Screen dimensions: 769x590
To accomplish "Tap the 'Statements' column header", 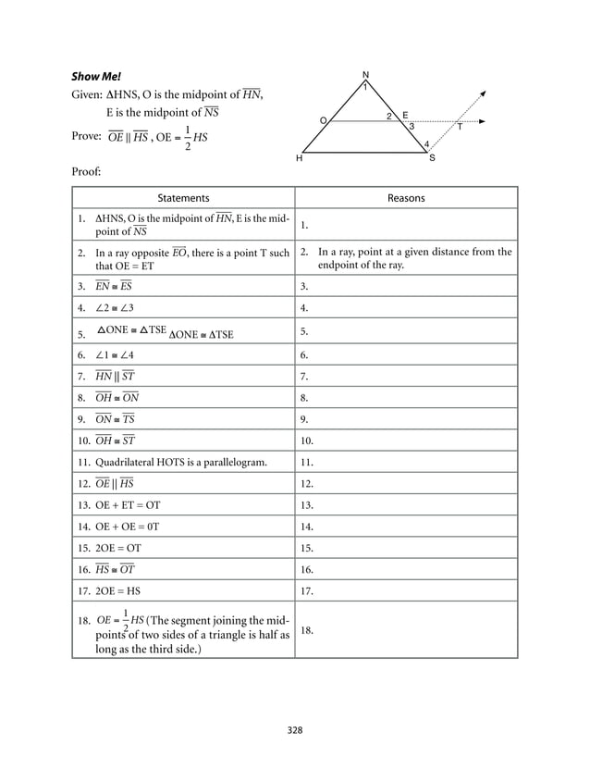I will pyautogui.click(x=182, y=198).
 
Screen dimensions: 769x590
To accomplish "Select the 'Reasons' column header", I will pyautogui.click(x=406, y=198).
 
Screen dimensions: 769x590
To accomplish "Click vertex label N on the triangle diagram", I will pyautogui.click(x=365, y=75).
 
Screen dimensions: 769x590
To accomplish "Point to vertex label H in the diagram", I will pyautogui.click(x=299, y=159).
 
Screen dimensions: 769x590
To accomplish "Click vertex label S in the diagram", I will pyautogui.click(x=432, y=159).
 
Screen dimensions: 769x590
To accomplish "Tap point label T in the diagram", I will pyautogui.click(x=460, y=128).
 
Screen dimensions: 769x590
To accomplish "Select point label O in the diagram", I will pyautogui.click(x=323, y=120).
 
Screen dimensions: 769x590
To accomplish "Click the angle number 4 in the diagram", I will pyautogui.click(x=425, y=144).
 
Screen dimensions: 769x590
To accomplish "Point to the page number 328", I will pyautogui.click(x=295, y=730).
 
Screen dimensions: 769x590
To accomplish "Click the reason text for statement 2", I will pyautogui.click(x=413, y=258).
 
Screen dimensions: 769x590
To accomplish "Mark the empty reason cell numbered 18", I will pyautogui.click(x=405, y=630).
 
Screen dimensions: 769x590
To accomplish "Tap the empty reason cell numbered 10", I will pyautogui.click(x=405, y=440).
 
